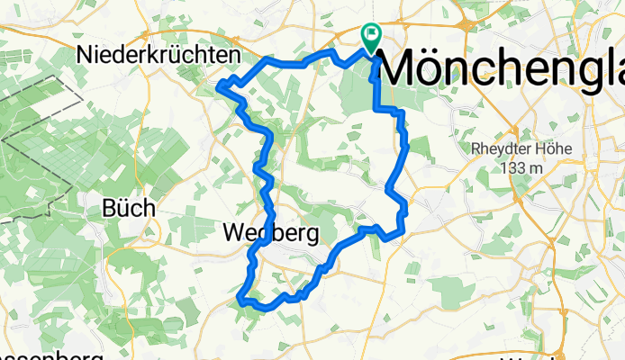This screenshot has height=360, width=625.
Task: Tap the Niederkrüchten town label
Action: click(159, 55)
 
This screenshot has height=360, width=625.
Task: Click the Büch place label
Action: click(129, 208)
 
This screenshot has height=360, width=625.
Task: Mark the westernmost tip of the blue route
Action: click(220, 85)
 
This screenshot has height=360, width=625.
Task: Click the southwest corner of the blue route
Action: click(239, 298)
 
